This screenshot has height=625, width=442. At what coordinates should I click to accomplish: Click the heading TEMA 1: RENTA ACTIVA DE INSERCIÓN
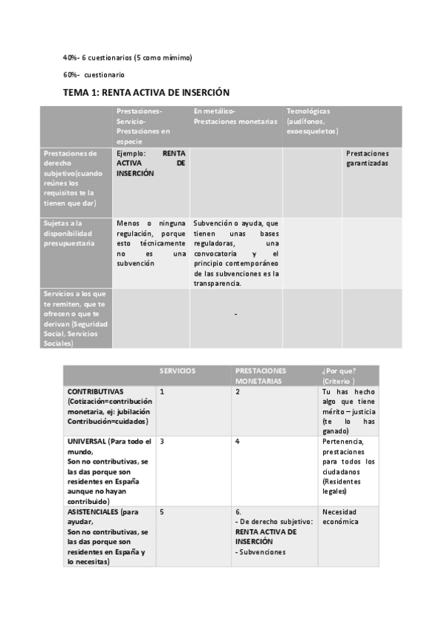click(146, 93)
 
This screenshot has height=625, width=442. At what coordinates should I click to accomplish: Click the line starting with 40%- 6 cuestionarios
click(127, 57)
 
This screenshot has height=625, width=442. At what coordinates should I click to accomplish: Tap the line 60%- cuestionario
click(94, 74)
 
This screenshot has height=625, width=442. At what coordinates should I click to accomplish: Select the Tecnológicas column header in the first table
click(312, 121)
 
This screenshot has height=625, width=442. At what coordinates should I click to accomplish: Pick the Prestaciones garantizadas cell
click(367, 158)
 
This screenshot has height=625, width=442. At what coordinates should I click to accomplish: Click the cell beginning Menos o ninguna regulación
click(151, 242)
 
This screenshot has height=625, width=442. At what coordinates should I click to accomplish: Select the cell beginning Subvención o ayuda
click(235, 253)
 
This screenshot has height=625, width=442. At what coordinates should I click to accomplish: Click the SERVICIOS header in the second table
click(178, 371)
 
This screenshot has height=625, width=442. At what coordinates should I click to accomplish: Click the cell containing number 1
click(162, 391)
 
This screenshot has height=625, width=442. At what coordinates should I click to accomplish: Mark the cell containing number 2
click(238, 391)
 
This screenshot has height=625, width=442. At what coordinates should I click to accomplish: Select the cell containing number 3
click(162, 441)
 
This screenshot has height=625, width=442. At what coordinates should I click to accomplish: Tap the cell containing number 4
click(238, 441)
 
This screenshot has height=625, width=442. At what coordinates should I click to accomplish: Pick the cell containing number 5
click(162, 511)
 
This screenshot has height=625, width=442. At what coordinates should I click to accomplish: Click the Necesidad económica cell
click(340, 516)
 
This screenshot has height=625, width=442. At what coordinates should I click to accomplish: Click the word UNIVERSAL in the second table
click(87, 441)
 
